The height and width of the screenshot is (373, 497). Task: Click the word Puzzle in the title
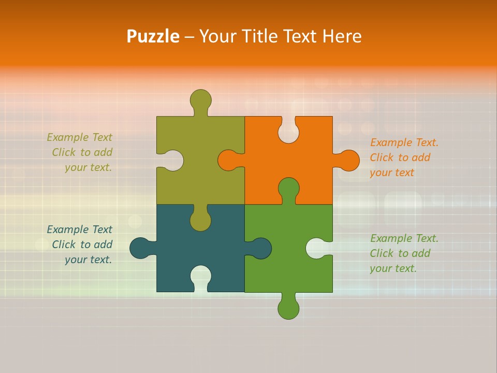tap(153, 36)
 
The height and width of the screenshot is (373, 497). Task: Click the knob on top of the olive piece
tap(200, 100)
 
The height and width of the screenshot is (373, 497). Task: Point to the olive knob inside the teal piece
tap(200, 220)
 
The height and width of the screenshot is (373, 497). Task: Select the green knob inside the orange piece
tap(288, 188)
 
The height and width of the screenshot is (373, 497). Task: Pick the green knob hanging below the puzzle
tap(288, 308)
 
